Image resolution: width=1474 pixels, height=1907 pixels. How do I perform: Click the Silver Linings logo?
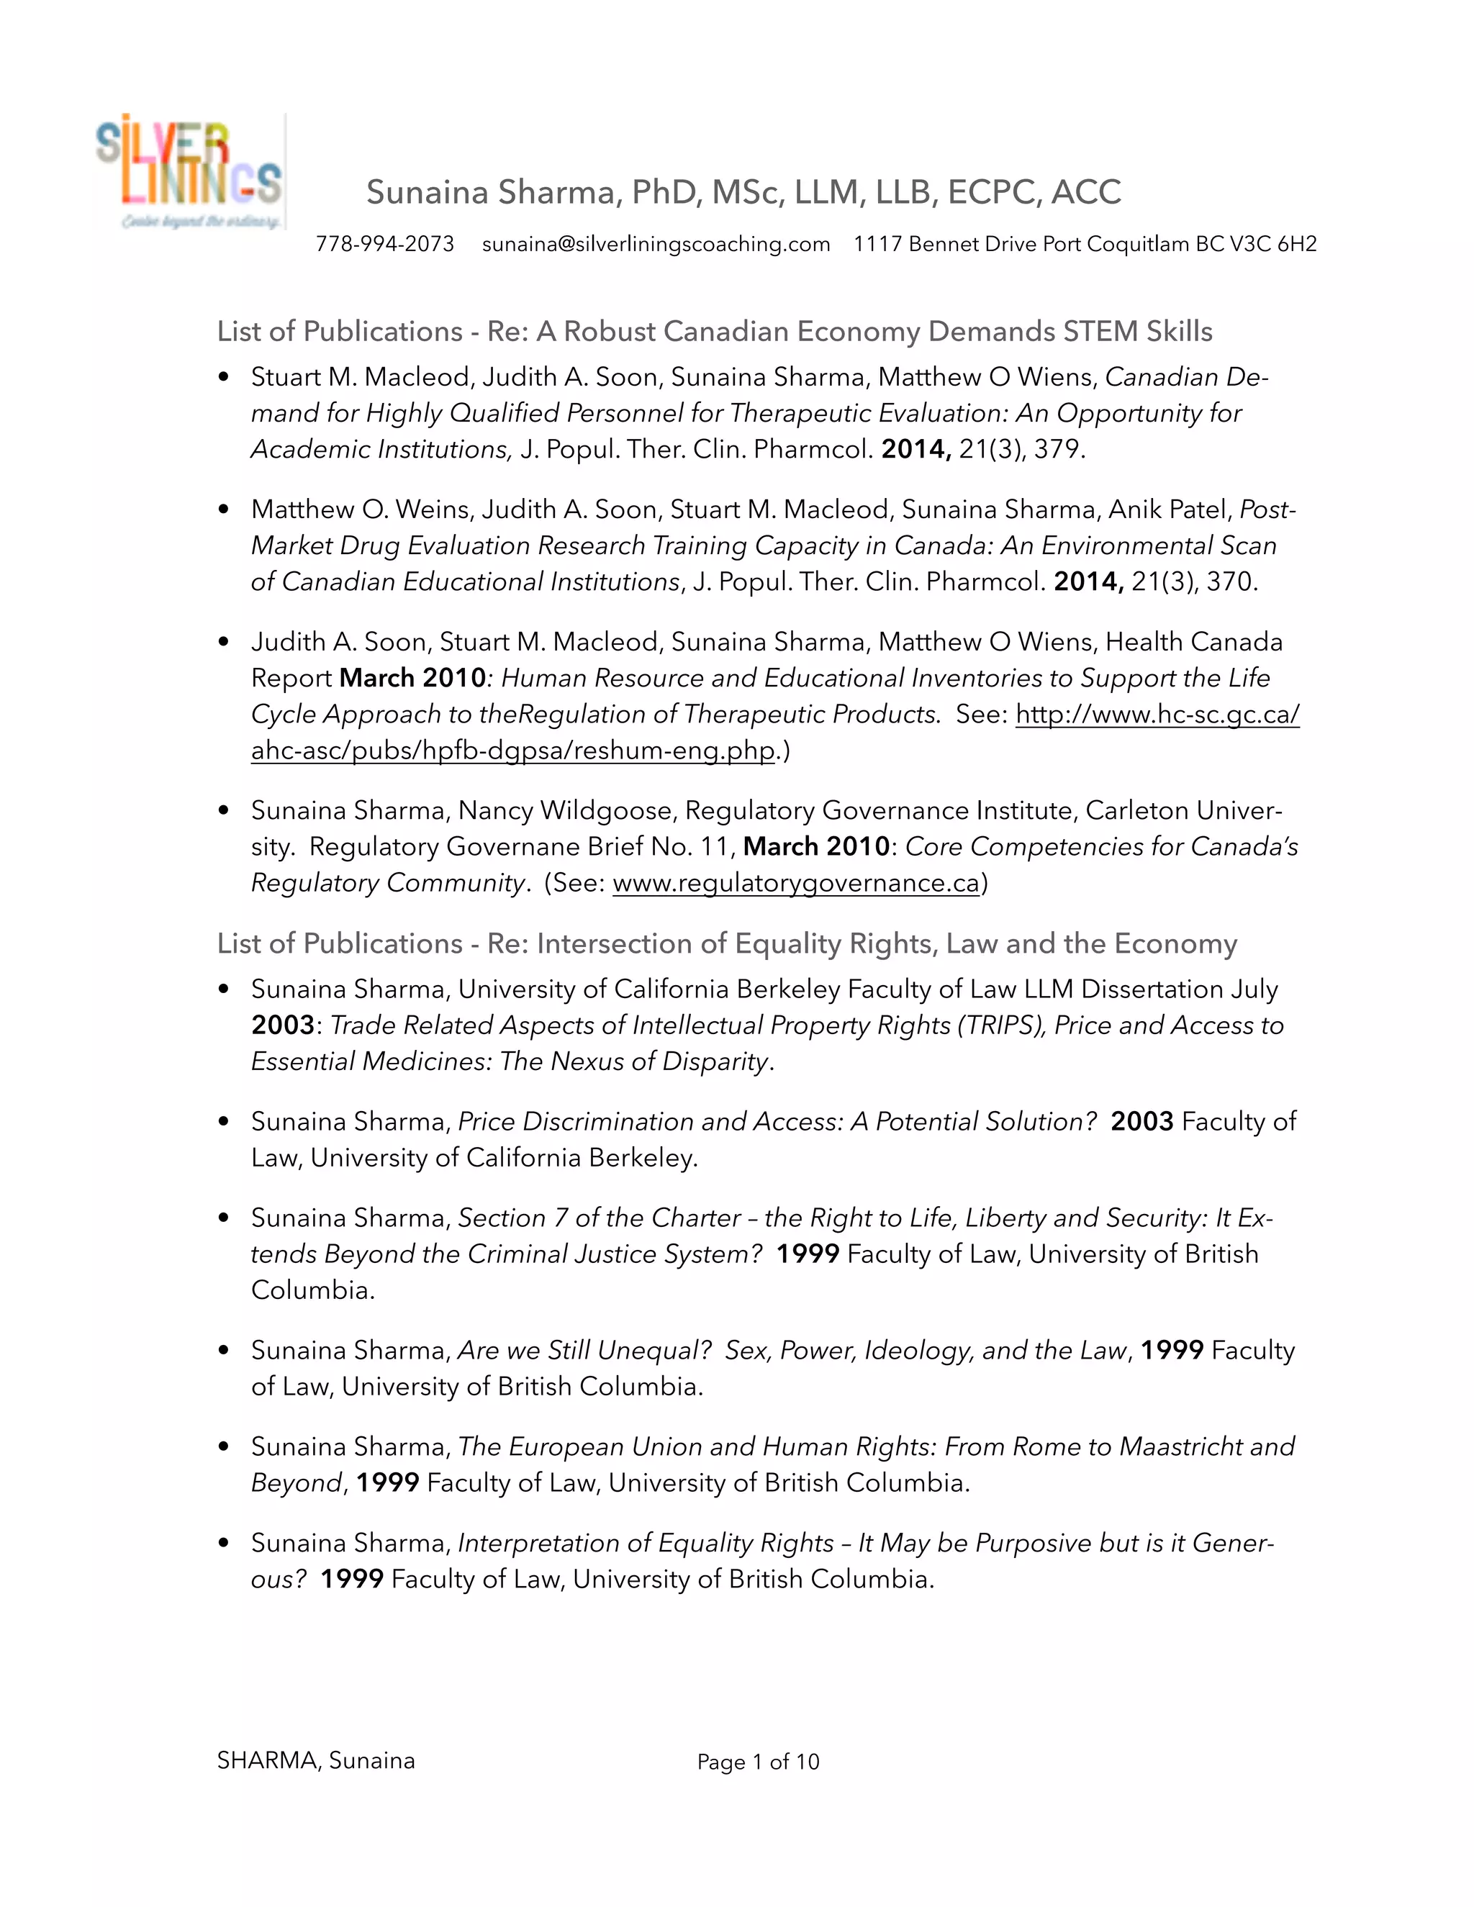point(190,172)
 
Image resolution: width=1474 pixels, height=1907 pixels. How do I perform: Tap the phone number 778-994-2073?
point(384,245)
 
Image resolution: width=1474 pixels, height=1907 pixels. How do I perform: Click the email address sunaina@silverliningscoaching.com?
point(656,245)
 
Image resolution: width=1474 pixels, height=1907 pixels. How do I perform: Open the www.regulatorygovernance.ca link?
point(795,884)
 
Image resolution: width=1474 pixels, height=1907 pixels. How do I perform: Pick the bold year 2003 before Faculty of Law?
point(1141,1121)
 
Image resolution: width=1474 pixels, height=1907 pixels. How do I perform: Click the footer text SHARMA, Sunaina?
point(315,1760)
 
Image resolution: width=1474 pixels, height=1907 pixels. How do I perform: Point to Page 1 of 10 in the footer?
point(757,1762)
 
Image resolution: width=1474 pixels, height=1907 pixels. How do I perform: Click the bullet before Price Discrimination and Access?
point(225,1121)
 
